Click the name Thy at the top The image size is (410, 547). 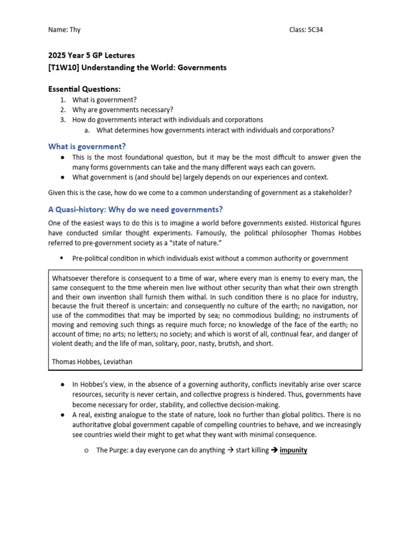point(75,30)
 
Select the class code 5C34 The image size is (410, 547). point(313,30)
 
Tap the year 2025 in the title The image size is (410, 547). point(58,55)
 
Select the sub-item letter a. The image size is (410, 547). point(87,130)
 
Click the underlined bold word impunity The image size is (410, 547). point(293,450)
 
